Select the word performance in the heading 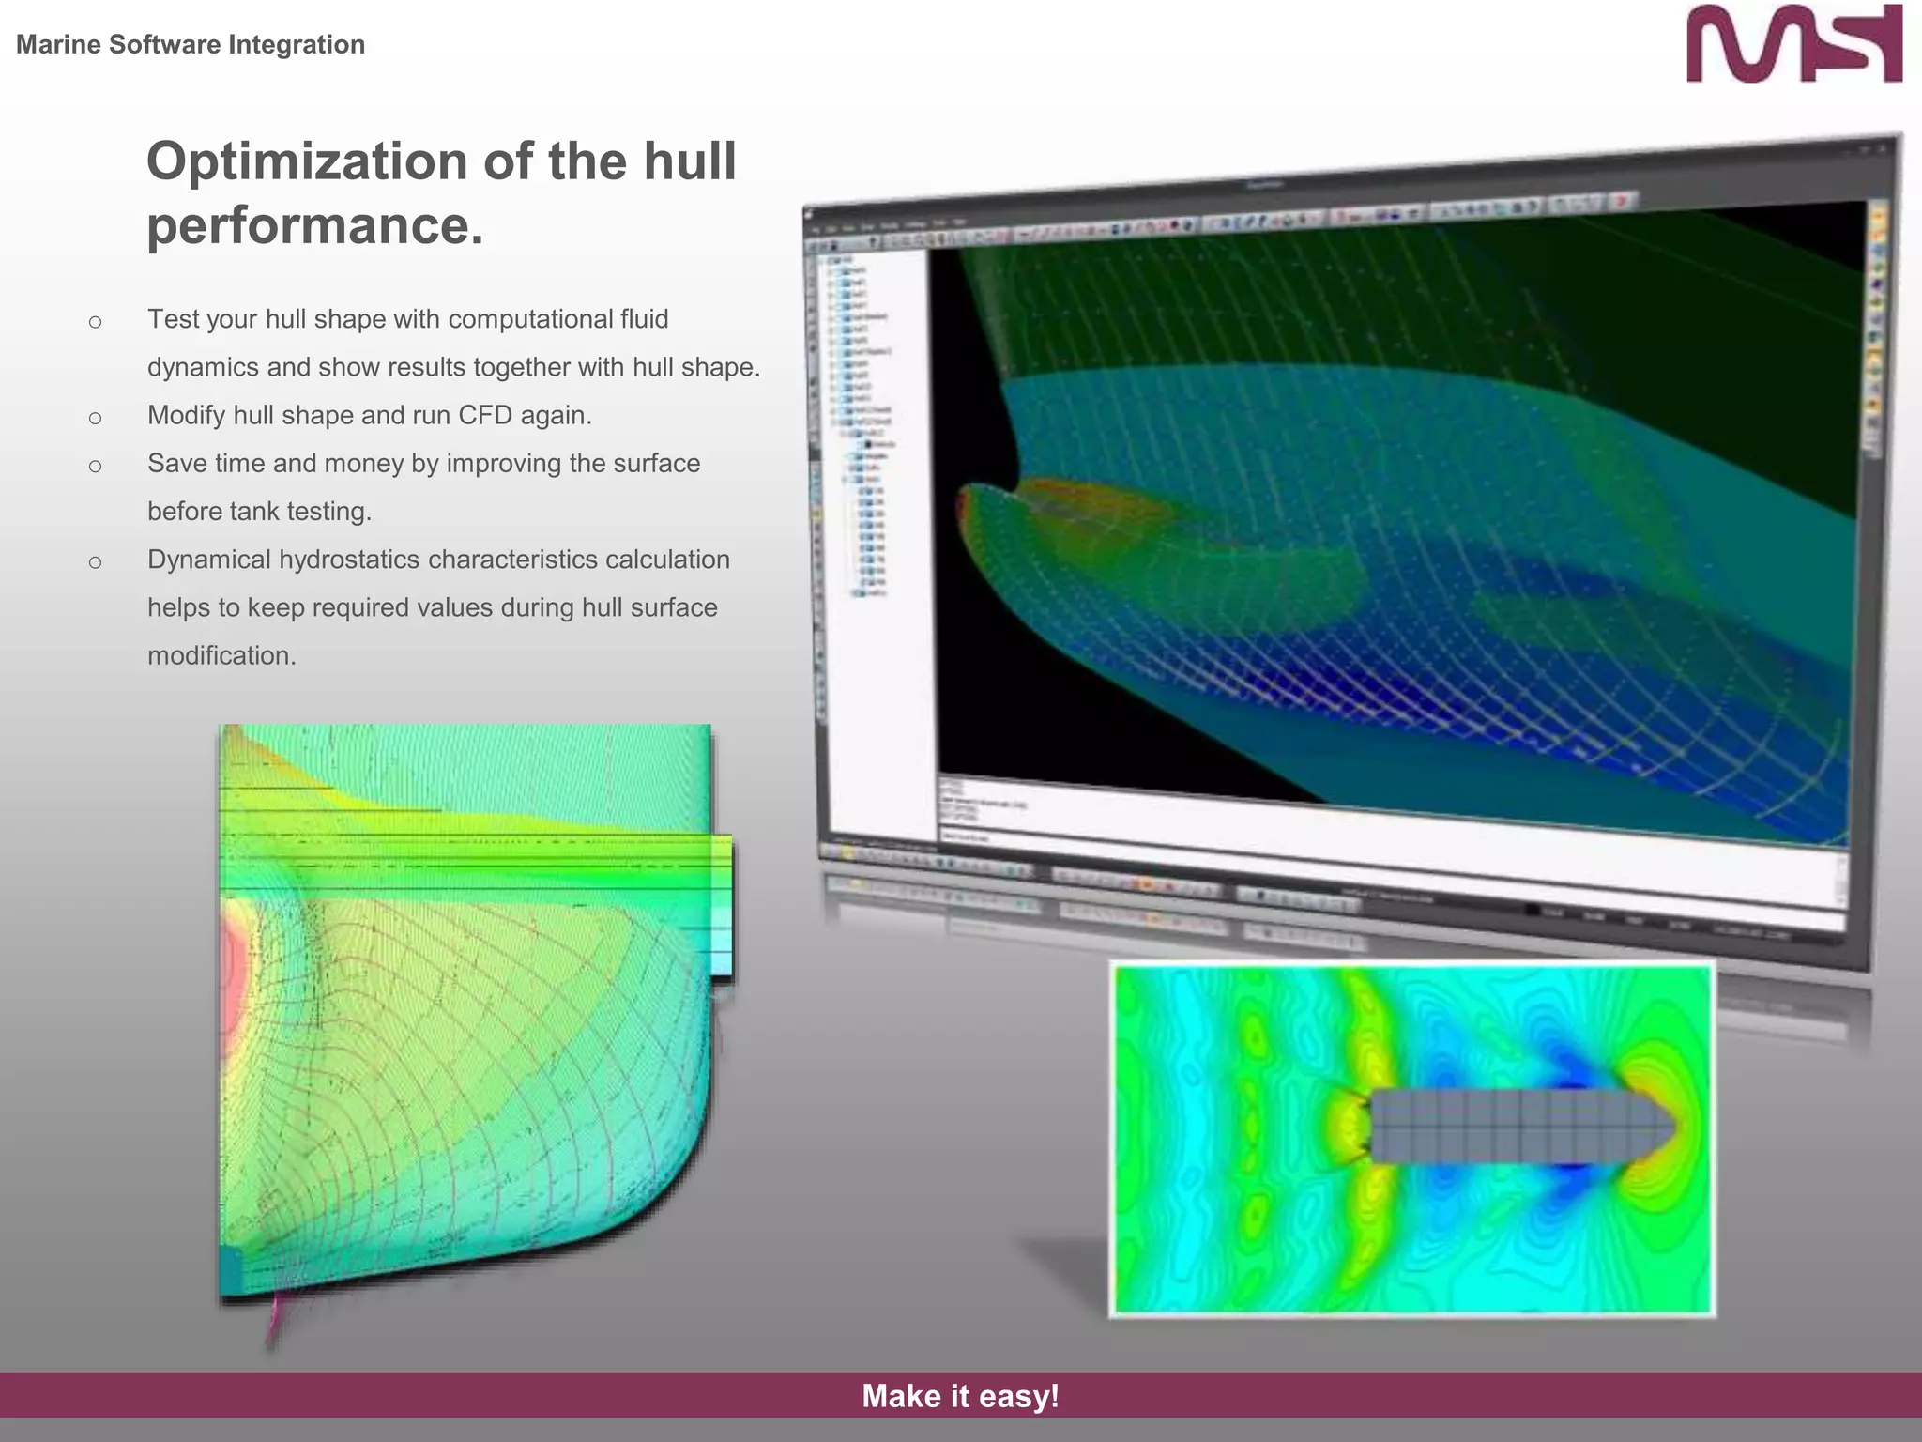[x=314, y=225]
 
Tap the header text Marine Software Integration [x=191, y=44]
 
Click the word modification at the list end [x=221, y=655]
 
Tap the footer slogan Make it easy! [x=960, y=1396]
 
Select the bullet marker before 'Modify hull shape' [x=95, y=418]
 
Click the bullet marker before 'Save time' [x=95, y=466]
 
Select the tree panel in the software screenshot [x=868, y=422]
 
